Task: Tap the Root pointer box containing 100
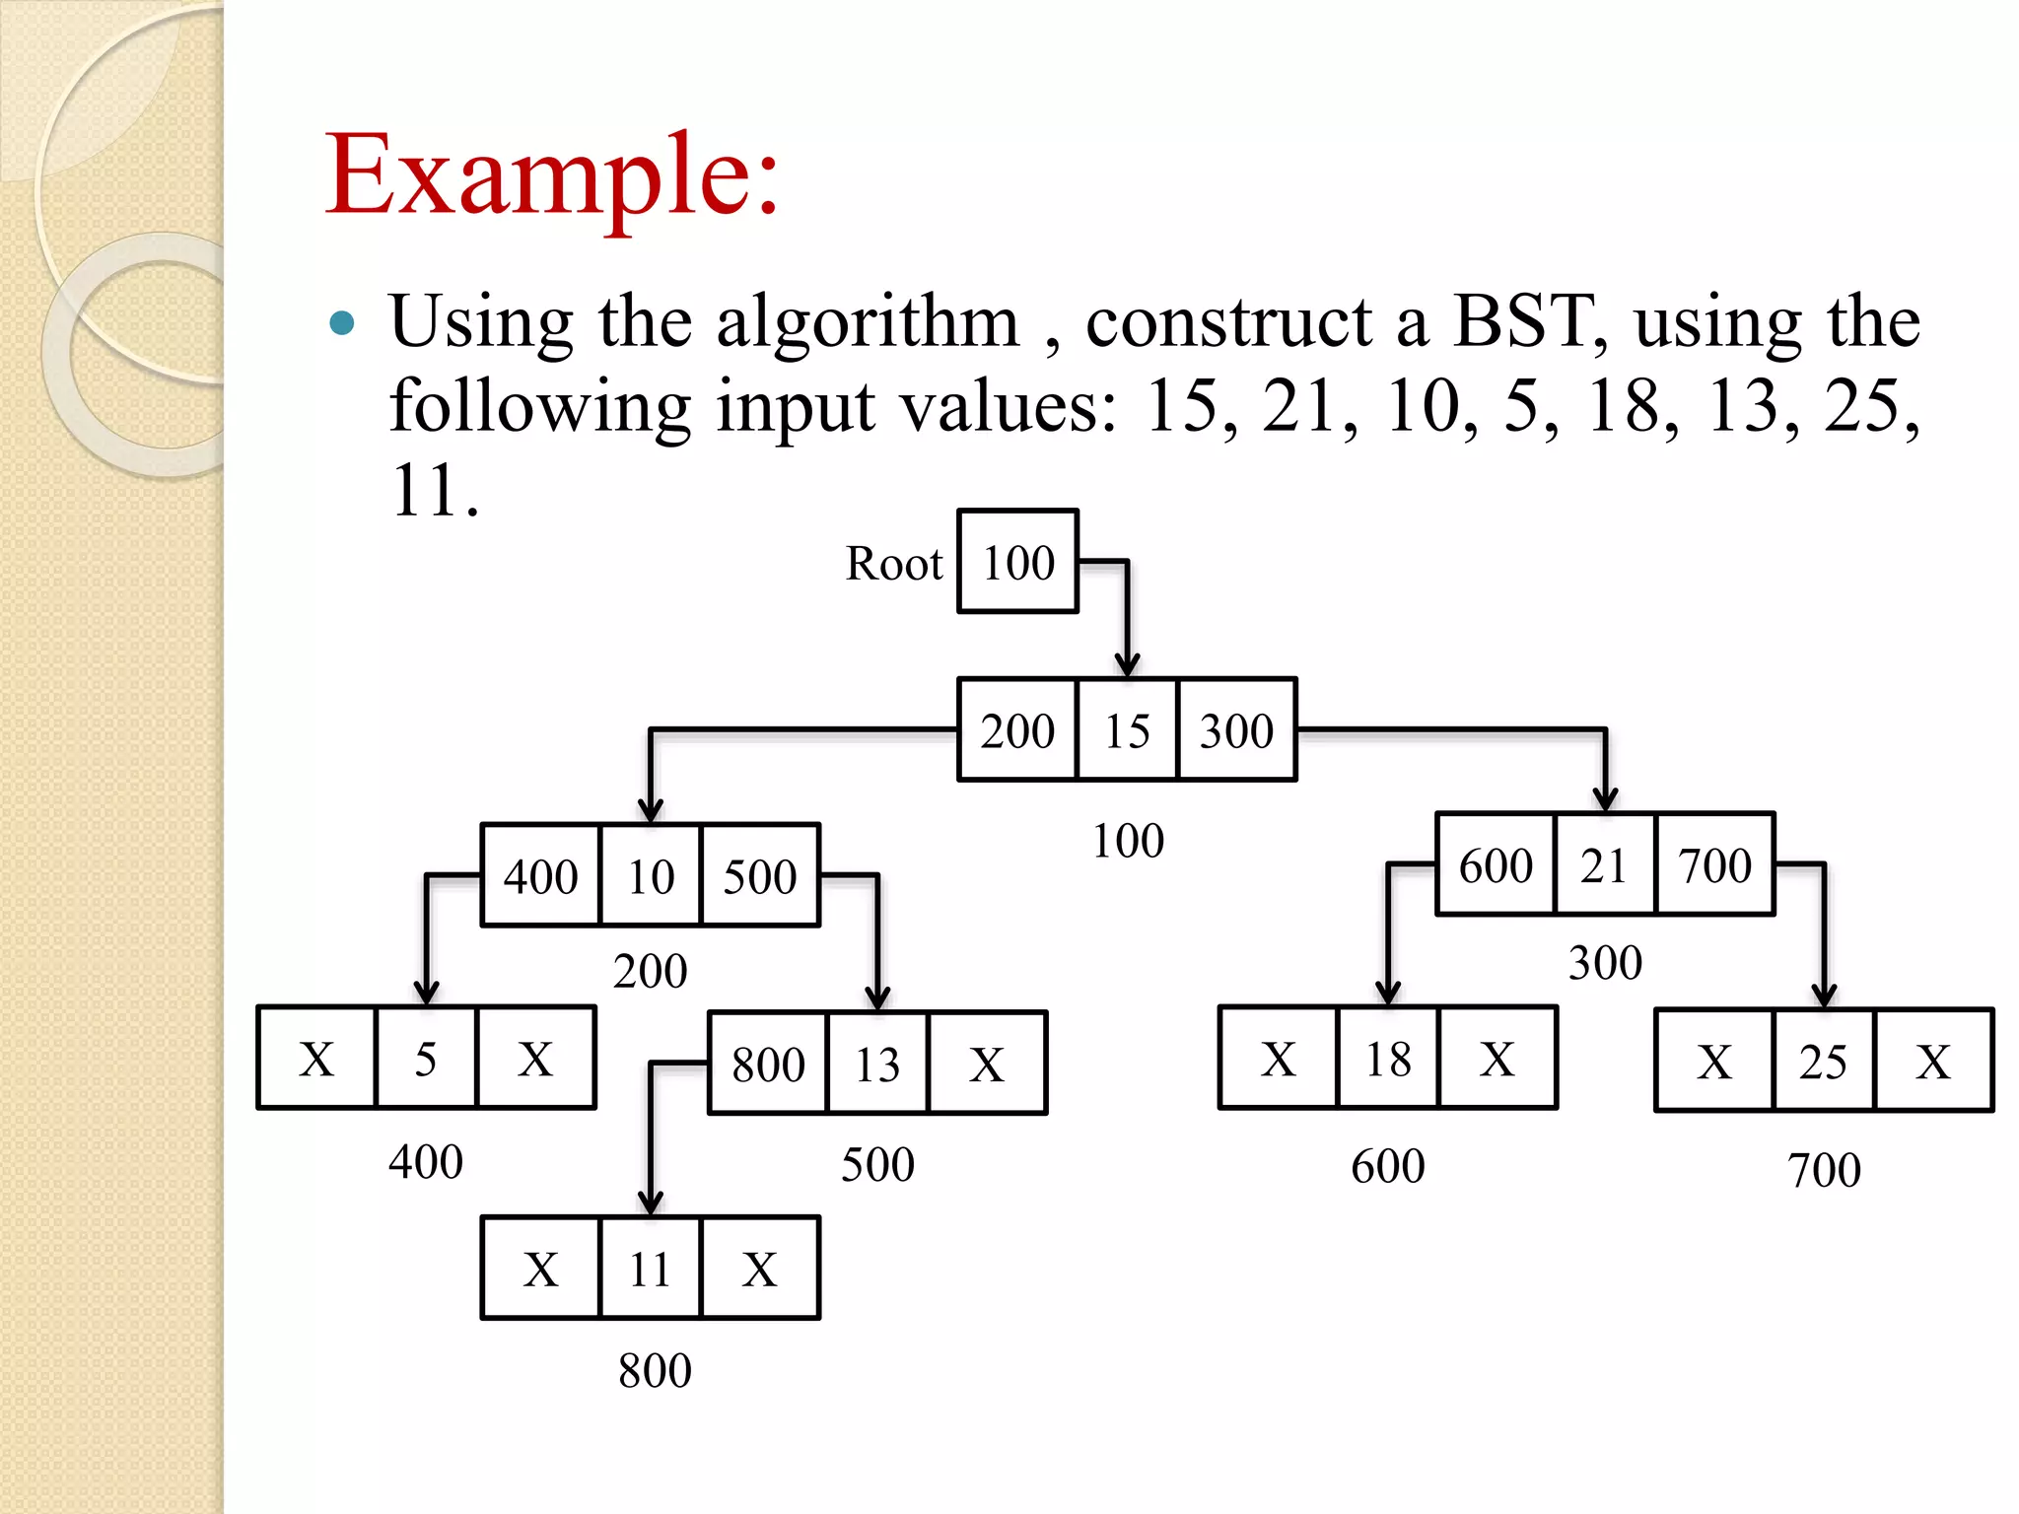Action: (x=1017, y=562)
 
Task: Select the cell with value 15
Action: (x=1127, y=730)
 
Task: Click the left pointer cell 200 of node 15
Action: (x=1017, y=730)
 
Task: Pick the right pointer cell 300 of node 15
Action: (x=1236, y=730)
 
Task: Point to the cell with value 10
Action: (x=651, y=875)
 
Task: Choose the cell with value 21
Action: (x=1604, y=865)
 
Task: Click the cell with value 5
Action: (x=426, y=1059)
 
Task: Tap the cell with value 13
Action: (x=877, y=1064)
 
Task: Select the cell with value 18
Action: (x=1388, y=1059)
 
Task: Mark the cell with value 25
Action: (x=1823, y=1062)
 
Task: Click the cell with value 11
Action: (x=650, y=1269)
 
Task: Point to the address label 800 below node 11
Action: (x=655, y=1370)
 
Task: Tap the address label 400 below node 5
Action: (x=426, y=1161)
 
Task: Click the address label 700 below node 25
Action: (x=1824, y=1170)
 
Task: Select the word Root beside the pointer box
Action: (x=894, y=564)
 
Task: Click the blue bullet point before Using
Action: (x=341, y=323)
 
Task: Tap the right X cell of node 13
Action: (x=987, y=1064)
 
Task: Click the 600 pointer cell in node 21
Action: (x=1496, y=865)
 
